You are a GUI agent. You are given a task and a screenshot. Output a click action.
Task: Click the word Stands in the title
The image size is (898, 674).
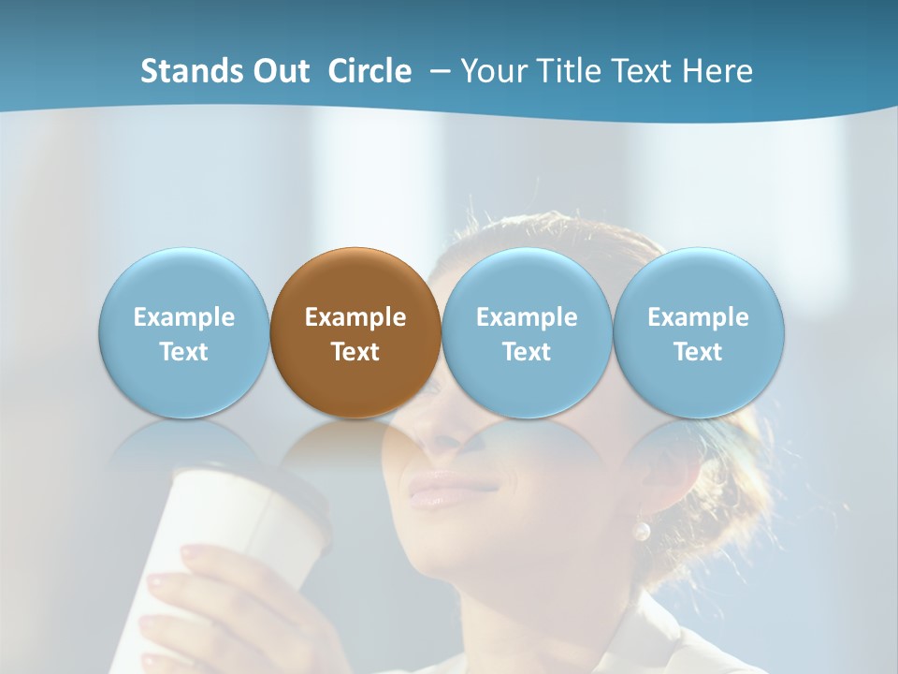pyautogui.click(x=194, y=71)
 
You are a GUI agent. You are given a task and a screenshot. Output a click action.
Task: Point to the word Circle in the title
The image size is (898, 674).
pyautogui.click(x=369, y=71)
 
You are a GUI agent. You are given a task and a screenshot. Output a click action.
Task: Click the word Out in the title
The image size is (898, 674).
pyautogui.click(x=282, y=71)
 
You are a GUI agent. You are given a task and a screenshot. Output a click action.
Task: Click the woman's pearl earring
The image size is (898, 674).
pyautogui.click(x=641, y=531)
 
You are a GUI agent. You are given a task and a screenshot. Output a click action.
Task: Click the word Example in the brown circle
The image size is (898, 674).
pyautogui.click(x=355, y=317)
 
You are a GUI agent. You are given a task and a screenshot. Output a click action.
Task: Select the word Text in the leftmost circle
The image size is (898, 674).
pyautogui.click(x=183, y=352)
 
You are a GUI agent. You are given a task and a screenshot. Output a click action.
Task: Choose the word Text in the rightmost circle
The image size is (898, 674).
pyautogui.click(x=698, y=352)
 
